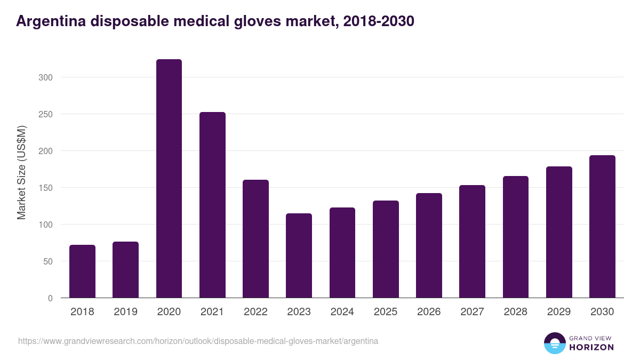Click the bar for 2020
(x=169, y=179)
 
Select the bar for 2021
(x=212, y=205)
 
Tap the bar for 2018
(x=82, y=271)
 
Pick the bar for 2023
(x=299, y=255)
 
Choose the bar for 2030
(x=602, y=227)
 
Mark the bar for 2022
(x=255, y=239)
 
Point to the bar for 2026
(x=429, y=245)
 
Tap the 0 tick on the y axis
(x=50, y=298)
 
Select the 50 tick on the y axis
(x=48, y=261)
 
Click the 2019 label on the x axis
(x=125, y=312)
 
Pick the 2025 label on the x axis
(x=386, y=312)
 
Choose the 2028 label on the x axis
(x=516, y=312)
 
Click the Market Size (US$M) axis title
(x=21, y=172)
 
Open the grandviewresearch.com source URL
(x=198, y=341)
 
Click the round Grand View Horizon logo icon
(x=554, y=343)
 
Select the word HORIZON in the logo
(x=591, y=347)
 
